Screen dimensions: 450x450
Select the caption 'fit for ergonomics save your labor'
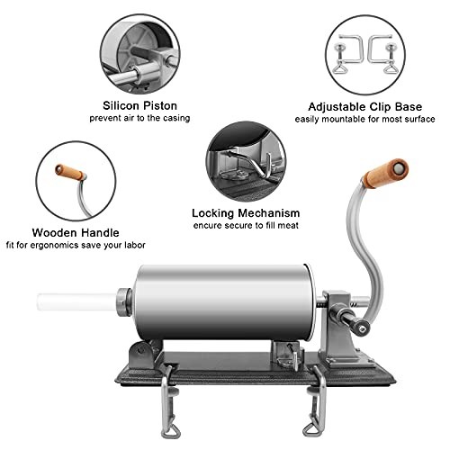point(75,245)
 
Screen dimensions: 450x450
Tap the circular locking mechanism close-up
point(244,159)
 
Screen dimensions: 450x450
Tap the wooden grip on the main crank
point(385,174)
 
